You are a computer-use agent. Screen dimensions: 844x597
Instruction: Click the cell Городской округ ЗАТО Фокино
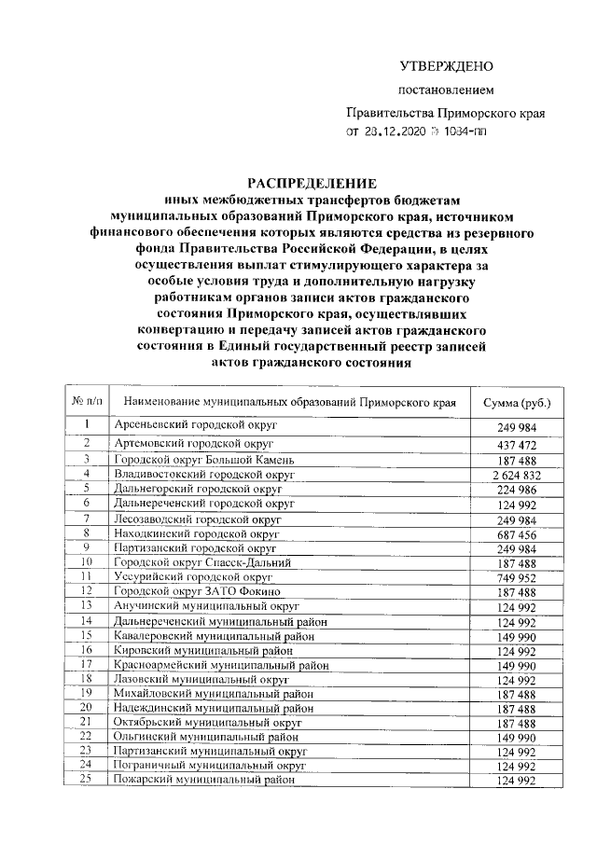coord(194,592)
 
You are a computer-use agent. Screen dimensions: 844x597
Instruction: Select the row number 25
coord(86,778)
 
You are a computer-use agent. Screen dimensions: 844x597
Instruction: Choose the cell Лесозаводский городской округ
coord(197,519)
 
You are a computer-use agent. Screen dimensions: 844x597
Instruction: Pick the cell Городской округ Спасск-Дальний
coord(201,563)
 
